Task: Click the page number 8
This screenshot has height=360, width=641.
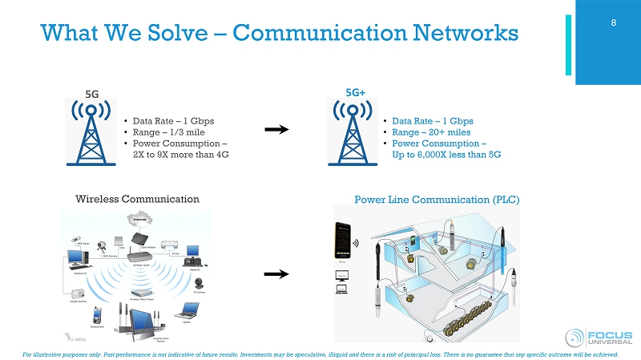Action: pos(613,22)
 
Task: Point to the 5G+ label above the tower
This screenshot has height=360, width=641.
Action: pos(355,92)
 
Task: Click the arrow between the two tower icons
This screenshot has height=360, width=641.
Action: pos(276,129)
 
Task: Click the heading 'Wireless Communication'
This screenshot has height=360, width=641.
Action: pos(137,199)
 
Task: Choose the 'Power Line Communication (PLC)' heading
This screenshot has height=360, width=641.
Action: pos(437,200)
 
